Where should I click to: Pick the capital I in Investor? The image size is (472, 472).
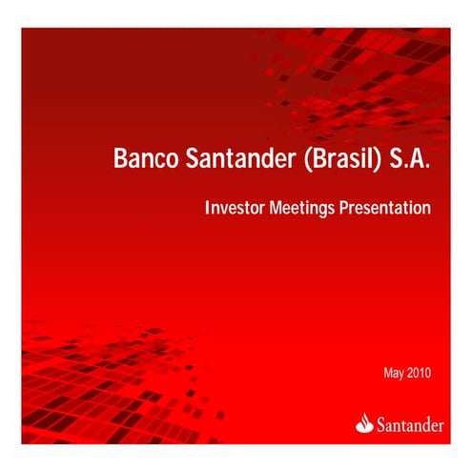pyautogui.click(x=207, y=207)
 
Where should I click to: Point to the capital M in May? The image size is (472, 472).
pyautogui.click(x=386, y=372)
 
